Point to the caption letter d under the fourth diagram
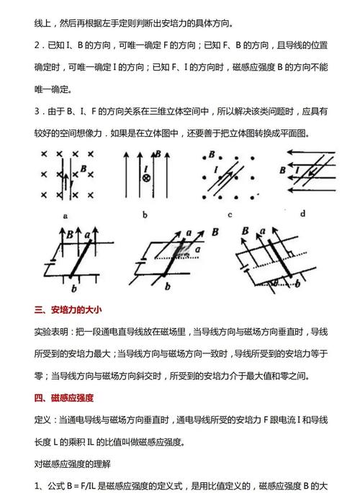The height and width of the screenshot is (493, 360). tap(303, 214)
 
